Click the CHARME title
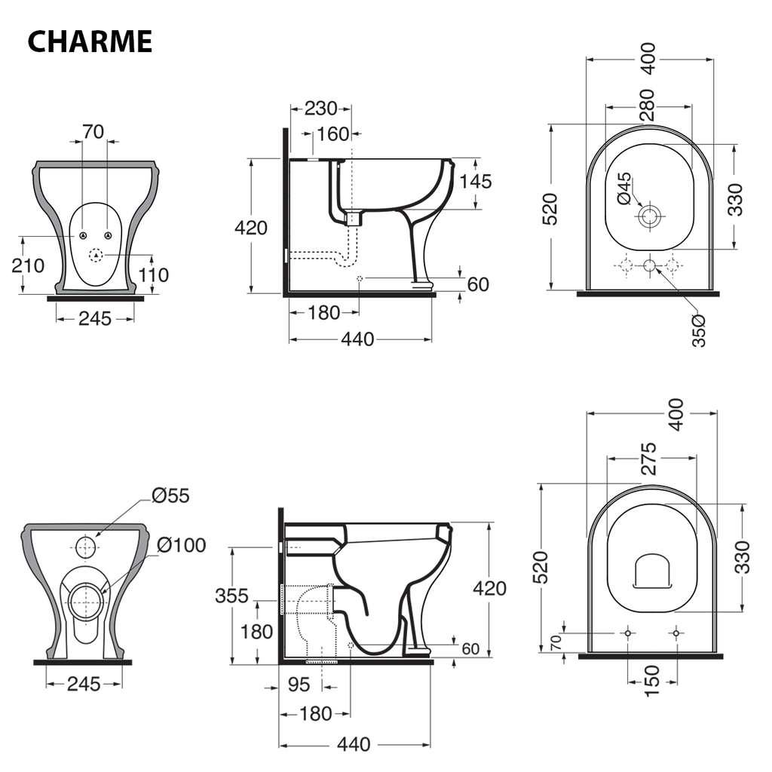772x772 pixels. [x=90, y=41]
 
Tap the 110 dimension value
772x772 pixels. [x=154, y=274]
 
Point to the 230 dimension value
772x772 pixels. [x=321, y=109]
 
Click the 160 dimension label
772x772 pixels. [x=332, y=134]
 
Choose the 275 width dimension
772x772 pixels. [x=649, y=458]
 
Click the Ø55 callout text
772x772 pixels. [x=170, y=495]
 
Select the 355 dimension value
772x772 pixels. [x=231, y=596]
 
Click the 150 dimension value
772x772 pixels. [x=652, y=681]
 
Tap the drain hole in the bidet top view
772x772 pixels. [x=649, y=217]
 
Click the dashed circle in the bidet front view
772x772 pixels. [x=96, y=255]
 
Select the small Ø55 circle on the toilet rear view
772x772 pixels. [x=87, y=546]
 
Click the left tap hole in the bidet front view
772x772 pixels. [x=80, y=235]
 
